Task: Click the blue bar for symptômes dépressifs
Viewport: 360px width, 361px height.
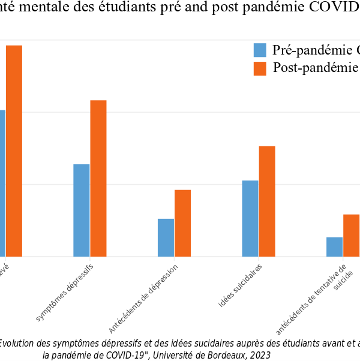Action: pyautogui.click(x=82, y=210)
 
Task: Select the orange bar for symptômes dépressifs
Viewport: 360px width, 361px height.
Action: pyautogui.click(x=98, y=178)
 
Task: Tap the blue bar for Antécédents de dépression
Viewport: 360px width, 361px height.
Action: pyautogui.click(x=166, y=237)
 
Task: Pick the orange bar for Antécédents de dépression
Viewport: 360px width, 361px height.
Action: pyautogui.click(x=182, y=223)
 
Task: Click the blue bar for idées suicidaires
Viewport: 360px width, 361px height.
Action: pyautogui.click(x=250, y=218)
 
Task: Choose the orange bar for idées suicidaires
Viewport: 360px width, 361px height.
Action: pyautogui.click(x=267, y=201)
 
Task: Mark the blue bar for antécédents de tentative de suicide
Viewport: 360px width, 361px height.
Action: pyautogui.click(x=335, y=246)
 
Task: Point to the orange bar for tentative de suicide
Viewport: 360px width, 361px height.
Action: pyautogui.click(x=351, y=235)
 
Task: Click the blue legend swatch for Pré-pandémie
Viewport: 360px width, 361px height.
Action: pyautogui.click(x=260, y=50)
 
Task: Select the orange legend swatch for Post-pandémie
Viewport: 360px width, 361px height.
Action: pyautogui.click(x=260, y=68)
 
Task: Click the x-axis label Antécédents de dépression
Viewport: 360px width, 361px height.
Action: pyautogui.click(x=145, y=297)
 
